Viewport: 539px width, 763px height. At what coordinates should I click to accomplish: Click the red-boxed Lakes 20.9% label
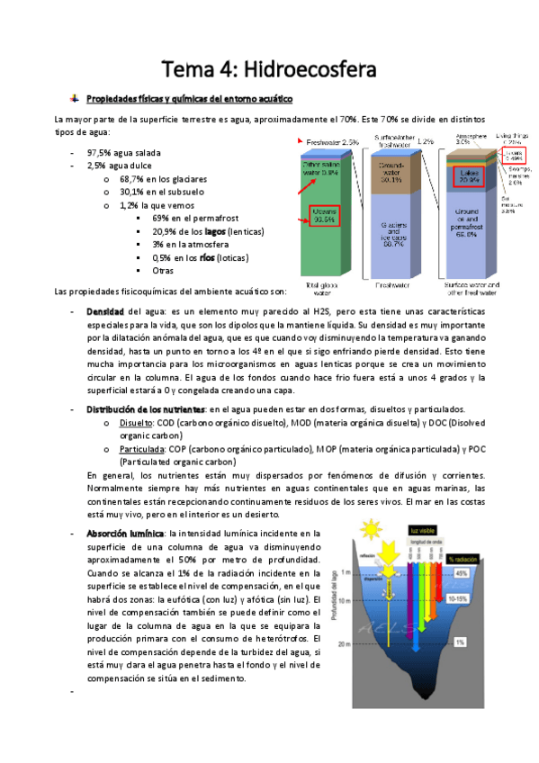[469, 175]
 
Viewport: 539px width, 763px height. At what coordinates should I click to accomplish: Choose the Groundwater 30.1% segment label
[391, 173]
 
